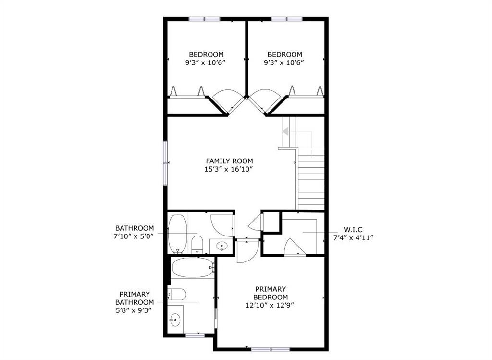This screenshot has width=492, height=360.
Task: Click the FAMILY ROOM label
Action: click(229, 161)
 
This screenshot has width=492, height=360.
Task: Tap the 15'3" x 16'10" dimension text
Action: click(229, 170)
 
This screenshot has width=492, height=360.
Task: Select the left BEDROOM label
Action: click(206, 54)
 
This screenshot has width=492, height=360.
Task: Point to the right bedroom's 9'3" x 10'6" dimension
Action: click(284, 62)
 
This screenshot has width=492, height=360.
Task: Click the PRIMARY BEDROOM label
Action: click(271, 293)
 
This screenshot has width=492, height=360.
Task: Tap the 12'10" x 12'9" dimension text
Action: click(270, 305)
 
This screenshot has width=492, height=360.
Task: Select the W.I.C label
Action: click(353, 230)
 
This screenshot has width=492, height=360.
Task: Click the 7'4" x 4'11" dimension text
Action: click(353, 237)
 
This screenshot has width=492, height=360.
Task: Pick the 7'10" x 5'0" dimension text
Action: click(134, 236)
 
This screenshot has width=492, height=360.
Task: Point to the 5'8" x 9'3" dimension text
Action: click(135, 310)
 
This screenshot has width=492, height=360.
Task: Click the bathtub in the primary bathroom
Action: click(193, 268)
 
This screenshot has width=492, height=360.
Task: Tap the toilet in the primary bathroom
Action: click(177, 295)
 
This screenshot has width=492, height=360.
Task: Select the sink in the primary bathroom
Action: click(175, 320)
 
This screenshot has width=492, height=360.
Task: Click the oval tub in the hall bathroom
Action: click(178, 234)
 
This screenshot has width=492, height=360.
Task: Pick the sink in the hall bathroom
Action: click(222, 246)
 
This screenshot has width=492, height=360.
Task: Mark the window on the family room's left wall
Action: click(165, 163)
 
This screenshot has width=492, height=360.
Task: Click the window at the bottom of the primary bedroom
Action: click(271, 349)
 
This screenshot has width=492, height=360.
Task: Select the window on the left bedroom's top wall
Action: click(204, 19)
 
